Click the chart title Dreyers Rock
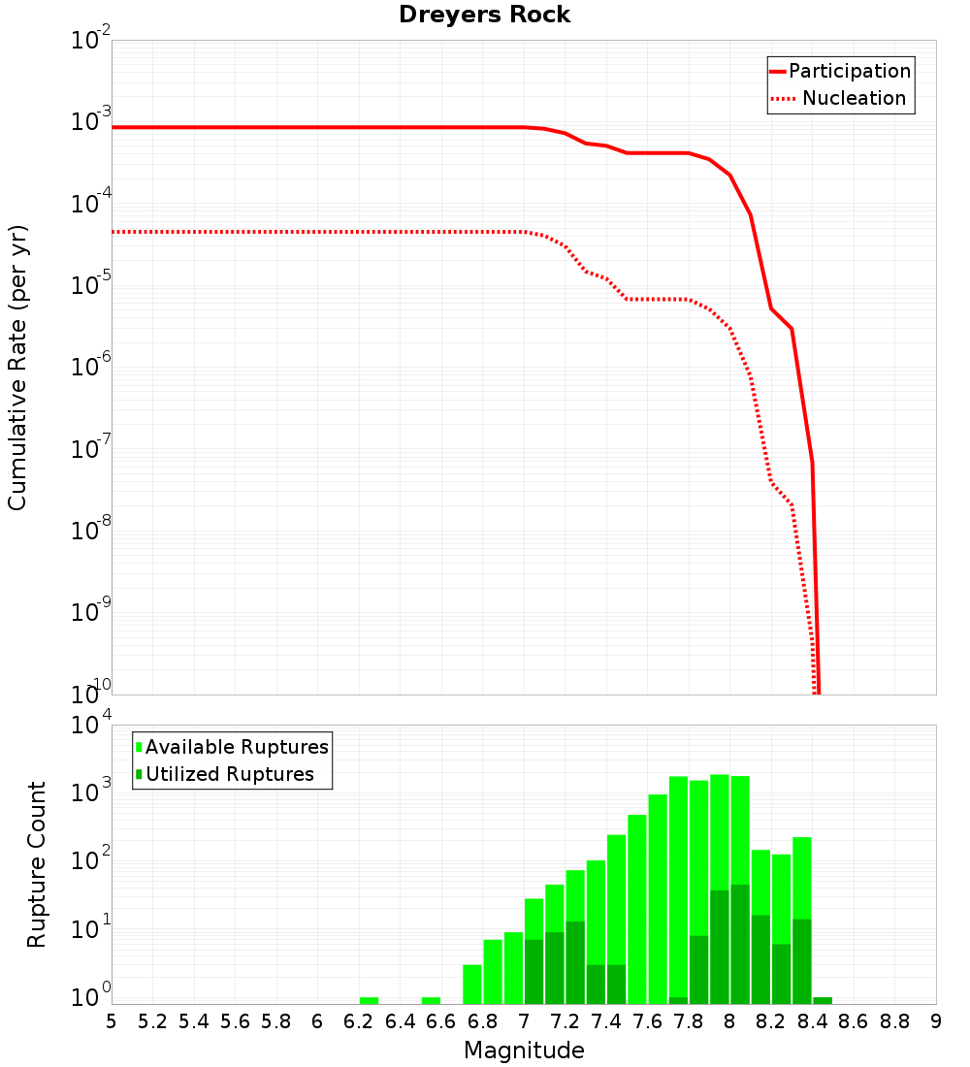(x=484, y=16)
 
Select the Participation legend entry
(x=840, y=72)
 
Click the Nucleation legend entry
(x=840, y=99)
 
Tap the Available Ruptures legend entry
(x=233, y=747)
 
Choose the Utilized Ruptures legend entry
(x=225, y=774)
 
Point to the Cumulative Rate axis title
(x=17, y=368)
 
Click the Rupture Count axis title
(x=37, y=864)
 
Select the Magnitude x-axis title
(x=524, y=1051)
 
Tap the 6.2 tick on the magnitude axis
(x=358, y=1021)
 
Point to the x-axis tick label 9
(x=936, y=1021)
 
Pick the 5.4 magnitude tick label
(x=193, y=1021)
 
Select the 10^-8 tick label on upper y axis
(x=91, y=530)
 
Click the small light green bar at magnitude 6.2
(x=369, y=1000)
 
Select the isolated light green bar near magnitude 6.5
(x=431, y=1000)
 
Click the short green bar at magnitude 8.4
(x=823, y=1000)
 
